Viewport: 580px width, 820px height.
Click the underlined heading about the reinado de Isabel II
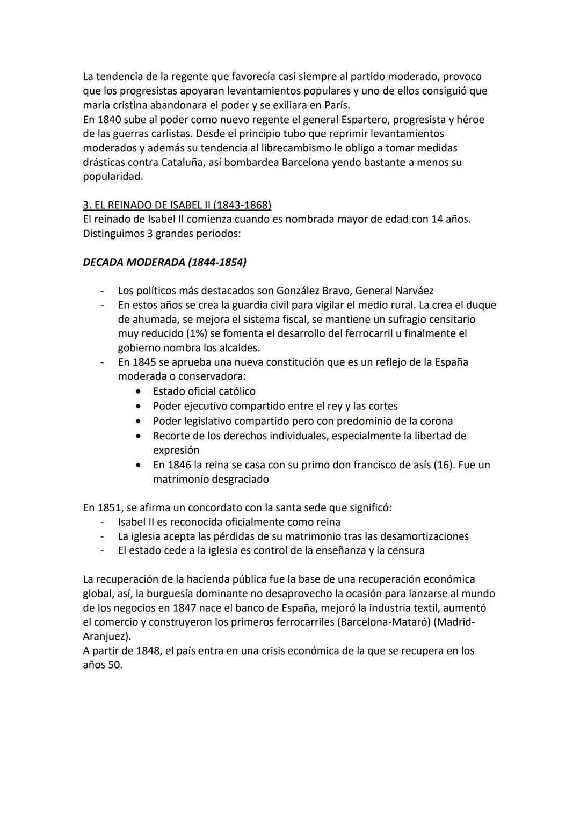point(177,205)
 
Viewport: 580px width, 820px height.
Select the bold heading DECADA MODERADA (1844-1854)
point(164,262)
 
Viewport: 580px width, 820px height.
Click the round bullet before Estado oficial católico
point(140,391)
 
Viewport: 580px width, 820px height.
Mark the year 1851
point(110,507)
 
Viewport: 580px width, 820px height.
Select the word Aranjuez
point(106,636)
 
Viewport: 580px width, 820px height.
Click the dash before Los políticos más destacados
point(102,291)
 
